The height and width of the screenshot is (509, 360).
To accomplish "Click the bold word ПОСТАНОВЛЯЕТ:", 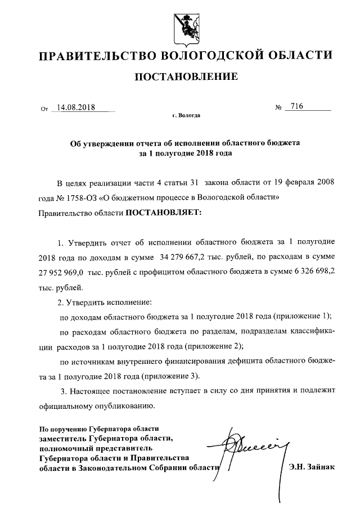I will [x=162, y=213].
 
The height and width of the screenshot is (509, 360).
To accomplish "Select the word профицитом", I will [x=163, y=272].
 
